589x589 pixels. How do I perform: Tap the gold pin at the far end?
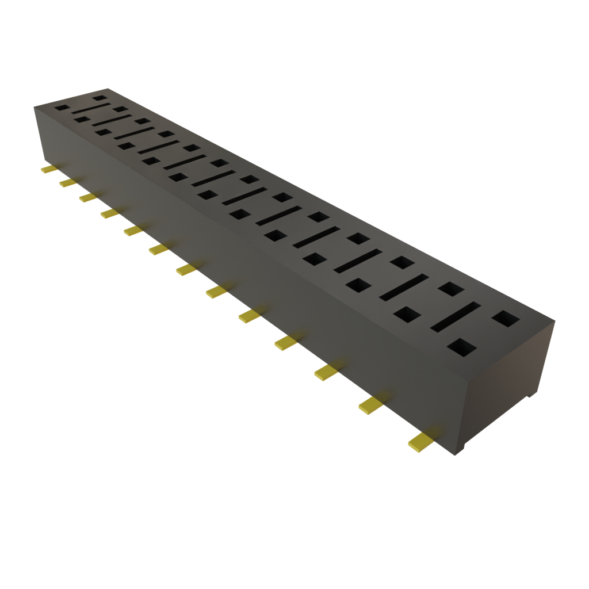point(48,170)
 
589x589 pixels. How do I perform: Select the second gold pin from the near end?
point(371,406)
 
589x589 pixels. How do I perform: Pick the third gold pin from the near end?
point(326,372)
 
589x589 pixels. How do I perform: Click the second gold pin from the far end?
point(67,182)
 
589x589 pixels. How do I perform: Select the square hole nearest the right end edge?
point(505,318)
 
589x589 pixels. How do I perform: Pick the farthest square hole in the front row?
point(61,108)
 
